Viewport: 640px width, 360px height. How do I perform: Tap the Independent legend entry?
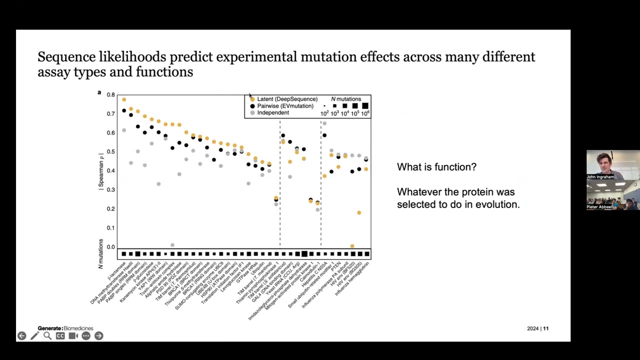(x=272, y=113)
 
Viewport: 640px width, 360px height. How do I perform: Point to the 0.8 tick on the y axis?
(x=110, y=94)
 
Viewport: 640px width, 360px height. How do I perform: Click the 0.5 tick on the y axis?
(x=110, y=152)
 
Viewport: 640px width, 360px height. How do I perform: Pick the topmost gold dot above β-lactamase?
(x=124, y=99)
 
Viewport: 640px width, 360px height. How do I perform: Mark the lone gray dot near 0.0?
(x=172, y=245)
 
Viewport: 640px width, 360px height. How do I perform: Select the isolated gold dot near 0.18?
(x=359, y=213)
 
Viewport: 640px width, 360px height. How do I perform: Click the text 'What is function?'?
(x=436, y=167)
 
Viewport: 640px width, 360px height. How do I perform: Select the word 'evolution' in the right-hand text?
(x=498, y=204)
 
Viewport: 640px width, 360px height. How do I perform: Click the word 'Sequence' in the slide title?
(x=66, y=57)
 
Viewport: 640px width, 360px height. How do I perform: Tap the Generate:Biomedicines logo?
(x=65, y=328)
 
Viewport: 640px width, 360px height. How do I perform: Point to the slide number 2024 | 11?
(x=537, y=328)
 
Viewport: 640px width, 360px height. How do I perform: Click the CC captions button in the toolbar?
(x=60, y=336)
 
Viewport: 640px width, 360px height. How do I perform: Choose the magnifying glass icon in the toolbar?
(x=47, y=336)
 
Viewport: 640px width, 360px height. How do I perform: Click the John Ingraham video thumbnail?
(x=613, y=165)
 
